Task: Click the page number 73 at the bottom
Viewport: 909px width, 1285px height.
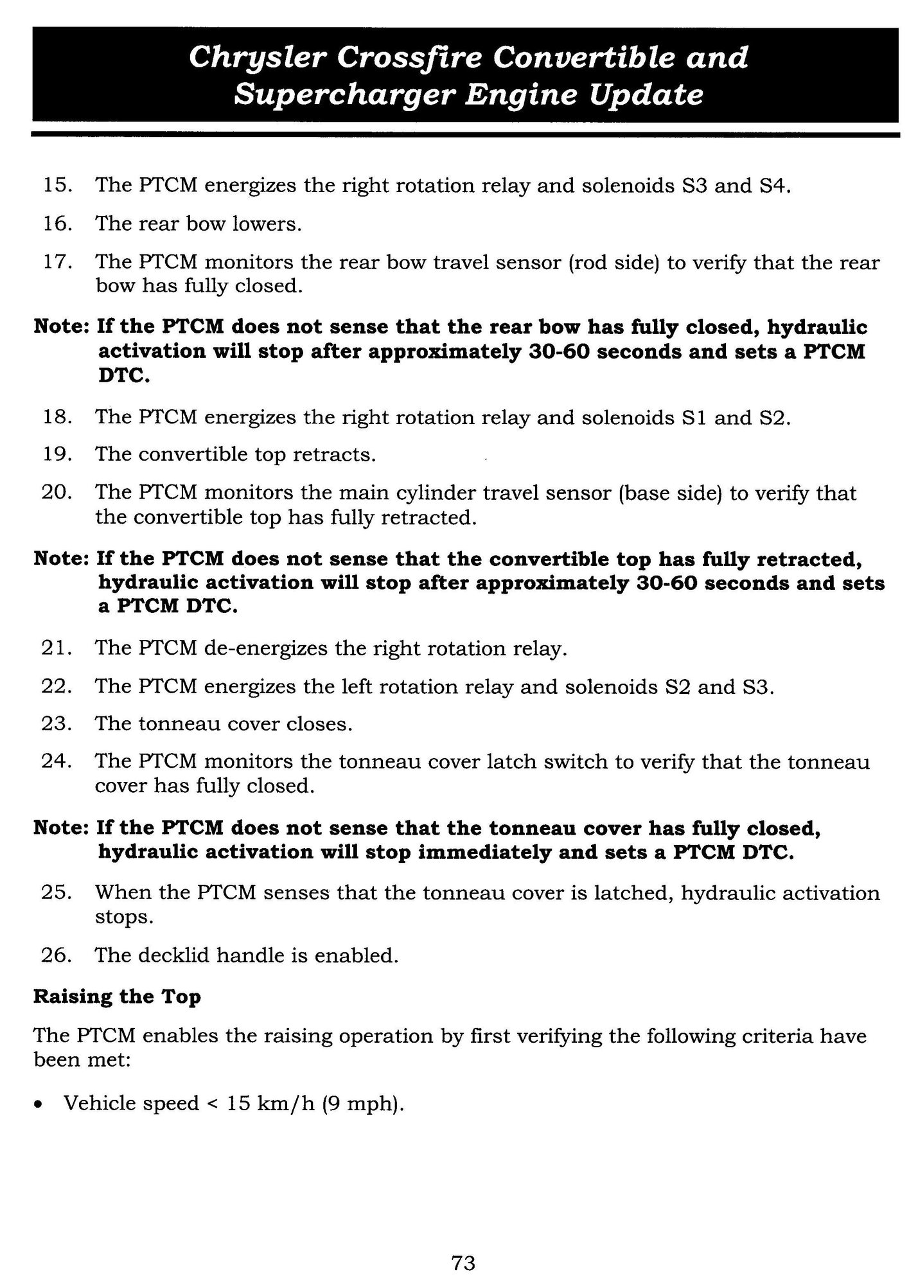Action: pos(463,1245)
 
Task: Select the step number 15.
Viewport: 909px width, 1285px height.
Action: pos(55,186)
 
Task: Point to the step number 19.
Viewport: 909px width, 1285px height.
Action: pos(55,455)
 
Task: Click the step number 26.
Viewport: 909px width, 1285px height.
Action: pos(55,955)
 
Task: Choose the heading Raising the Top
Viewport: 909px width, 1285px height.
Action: pos(117,997)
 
